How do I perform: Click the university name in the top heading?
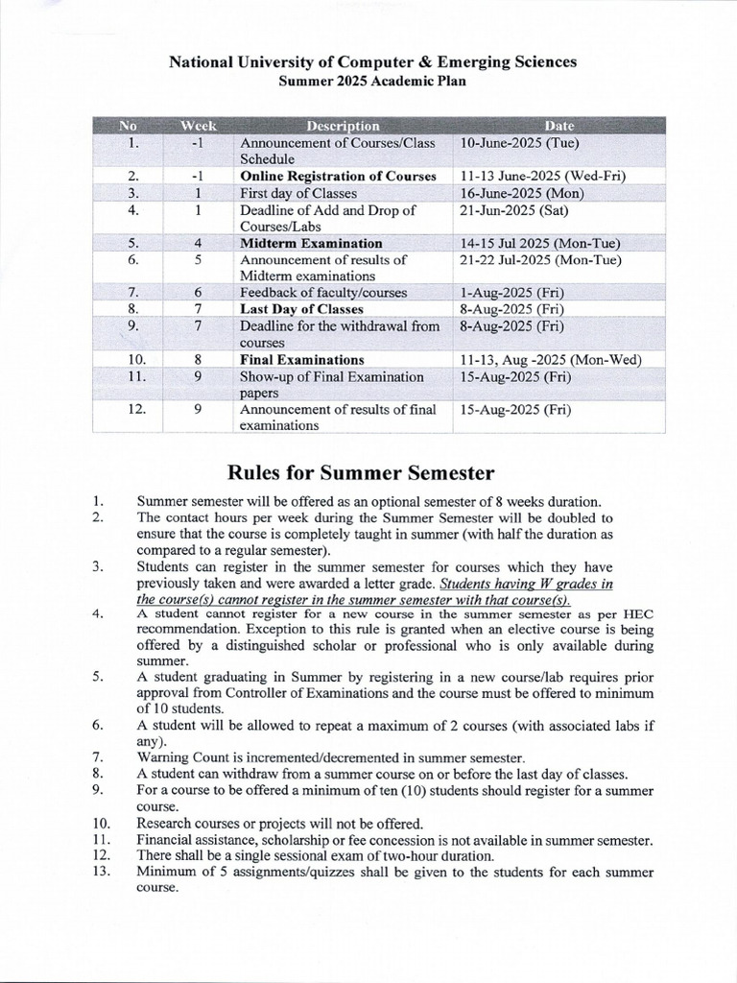pos(372,62)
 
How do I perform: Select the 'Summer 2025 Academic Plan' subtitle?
pos(372,82)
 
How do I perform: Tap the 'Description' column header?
pos(343,126)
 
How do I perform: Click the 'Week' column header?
pos(199,126)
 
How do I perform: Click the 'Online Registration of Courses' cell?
pos(338,177)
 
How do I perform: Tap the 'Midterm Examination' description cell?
pos(311,243)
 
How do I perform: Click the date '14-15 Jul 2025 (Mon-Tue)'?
pos(540,243)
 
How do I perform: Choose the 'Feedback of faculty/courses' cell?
pos(323,293)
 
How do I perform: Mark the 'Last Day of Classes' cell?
pos(301,309)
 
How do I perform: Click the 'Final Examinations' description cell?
pos(302,360)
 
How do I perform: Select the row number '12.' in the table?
pos(136,410)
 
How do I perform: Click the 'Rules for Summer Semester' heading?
pos(360,472)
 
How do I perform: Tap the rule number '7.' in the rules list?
pos(98,757)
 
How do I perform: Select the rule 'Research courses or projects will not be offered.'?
pos(279,824)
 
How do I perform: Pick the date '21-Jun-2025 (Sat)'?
pos(514,209)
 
